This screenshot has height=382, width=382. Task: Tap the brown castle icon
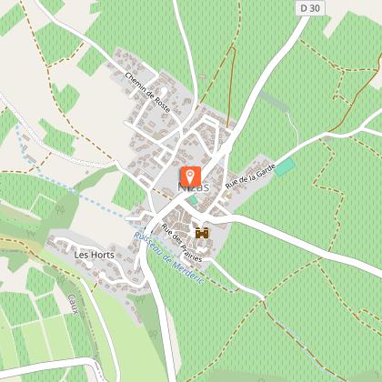pos(202,234)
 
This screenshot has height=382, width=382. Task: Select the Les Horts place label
pos(87,256)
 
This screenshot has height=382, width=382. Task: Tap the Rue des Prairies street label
pos(180,242)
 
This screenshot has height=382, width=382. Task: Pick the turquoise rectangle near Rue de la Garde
pos(286,167)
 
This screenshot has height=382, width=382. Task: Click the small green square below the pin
pos(193,199)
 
